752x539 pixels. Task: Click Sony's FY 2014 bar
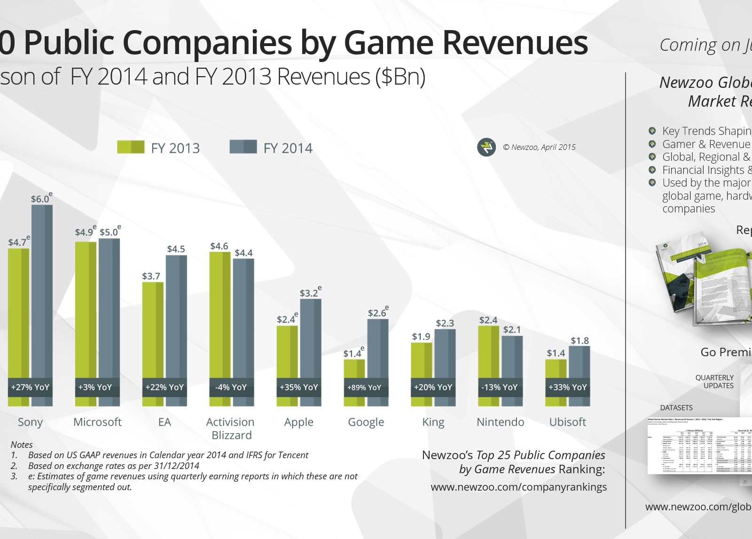click(x=42, y=291)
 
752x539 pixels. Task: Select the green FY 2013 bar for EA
click(x=153, y=329)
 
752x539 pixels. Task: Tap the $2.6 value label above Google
click(x=377, y=313)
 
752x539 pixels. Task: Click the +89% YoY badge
click(x=364, y=387)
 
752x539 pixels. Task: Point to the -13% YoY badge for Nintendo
click(x=499, y=387)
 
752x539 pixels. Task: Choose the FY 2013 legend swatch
click(x=131, y=147)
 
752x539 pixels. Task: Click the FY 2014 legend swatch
click(x=243, y=147)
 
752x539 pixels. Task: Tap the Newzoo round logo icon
click(x=486, y=147)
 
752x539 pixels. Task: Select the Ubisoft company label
click(x=568, y=422)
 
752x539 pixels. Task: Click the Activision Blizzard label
click(x=231, y=429)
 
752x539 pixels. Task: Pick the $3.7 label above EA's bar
click(x=151, y=276)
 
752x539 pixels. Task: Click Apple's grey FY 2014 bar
click(x=311, y=338)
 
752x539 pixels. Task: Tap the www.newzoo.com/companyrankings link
click(x=518, y=487)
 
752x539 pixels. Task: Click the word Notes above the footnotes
click(x=22, y=445)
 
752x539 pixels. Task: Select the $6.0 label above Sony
click(x=40, y=199)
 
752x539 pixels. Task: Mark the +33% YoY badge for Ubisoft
click(x=567, y=387)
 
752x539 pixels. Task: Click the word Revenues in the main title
click(x=515, y=43)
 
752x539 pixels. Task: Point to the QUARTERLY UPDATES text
click(x=715, y=382)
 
